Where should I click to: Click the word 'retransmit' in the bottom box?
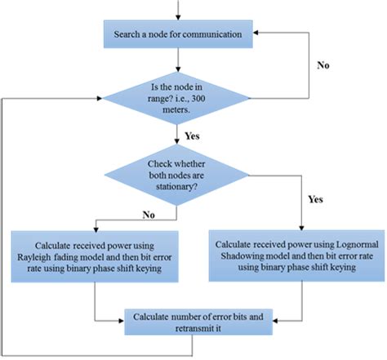pyautogui.click(x=174, y=327)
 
